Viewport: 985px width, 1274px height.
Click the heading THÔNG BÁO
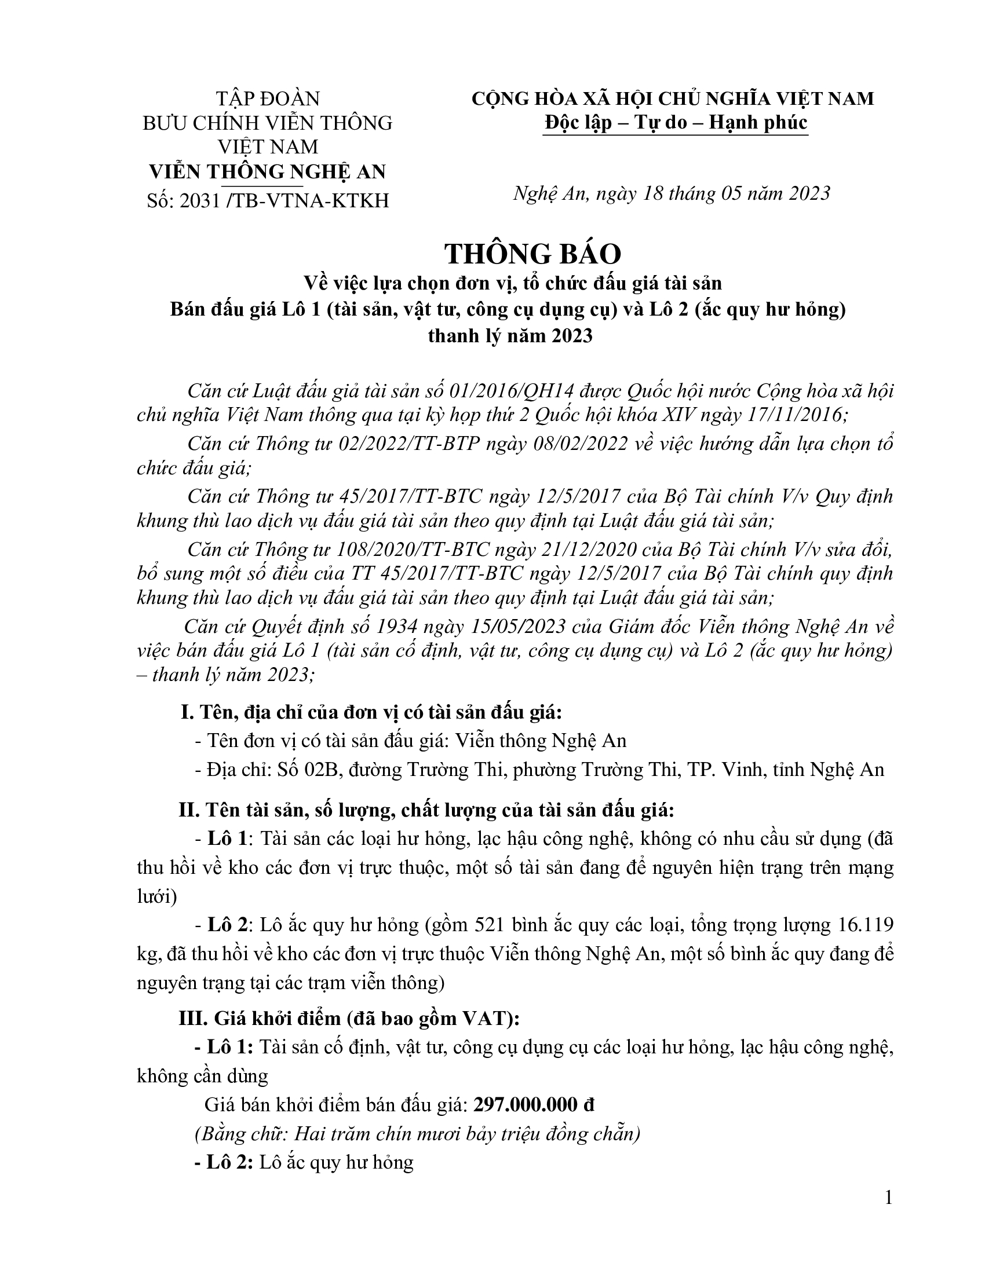(x=532, y=254)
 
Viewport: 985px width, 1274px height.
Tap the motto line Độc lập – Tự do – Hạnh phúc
(x=675, y=123)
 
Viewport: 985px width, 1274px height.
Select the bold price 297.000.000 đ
(x=534, y=1104)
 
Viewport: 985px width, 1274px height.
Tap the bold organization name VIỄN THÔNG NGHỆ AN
(x=268, y=171)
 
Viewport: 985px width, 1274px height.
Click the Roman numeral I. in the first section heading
(x=187, y=712)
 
